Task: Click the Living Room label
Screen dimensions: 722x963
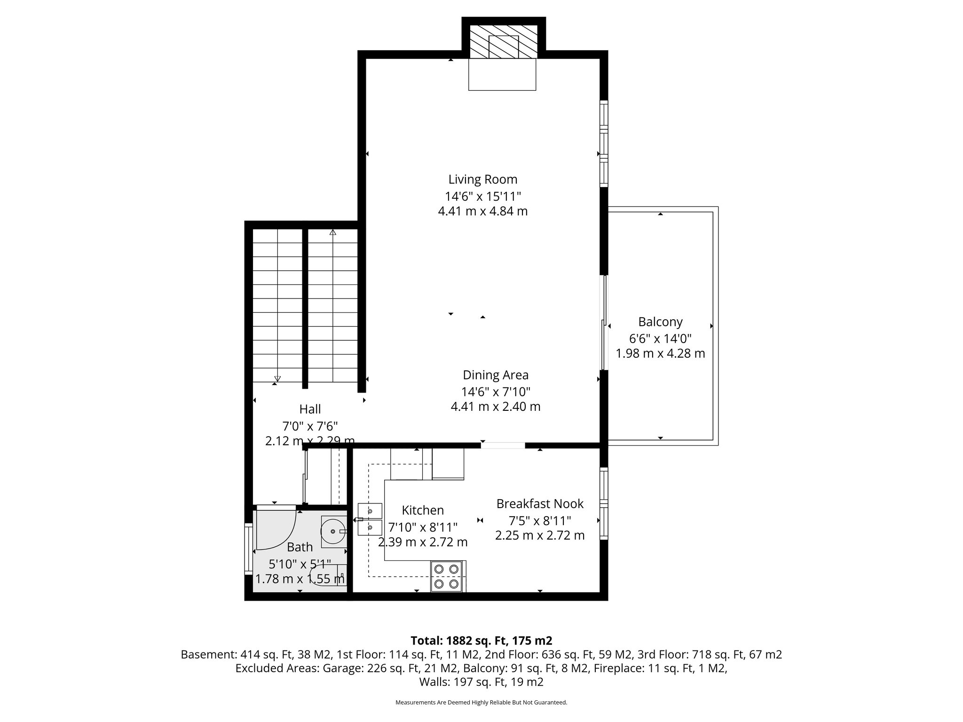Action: pyautogui.click(x=482, y=180)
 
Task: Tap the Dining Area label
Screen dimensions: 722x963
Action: pyautogui.click(x=496, y=375)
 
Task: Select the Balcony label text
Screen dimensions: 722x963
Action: pyautogui.click(x=660, y=322)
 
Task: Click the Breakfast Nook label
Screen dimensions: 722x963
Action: pyautogui.click(x=540, y=504)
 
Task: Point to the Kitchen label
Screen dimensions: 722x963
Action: pyautogui.click(x=423, y=510)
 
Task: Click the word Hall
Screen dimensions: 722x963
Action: pyautogui.click(x=310, y=409)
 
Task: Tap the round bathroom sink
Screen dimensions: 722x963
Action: pyautogui.click(x=333, y=531)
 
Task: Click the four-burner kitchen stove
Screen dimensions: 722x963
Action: pyautogui.click(x=447, y=576)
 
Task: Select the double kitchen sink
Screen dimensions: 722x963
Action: pyautogui.click(x=371, y=519)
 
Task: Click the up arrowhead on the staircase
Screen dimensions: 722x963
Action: pyautogui.click(x=333, y=232)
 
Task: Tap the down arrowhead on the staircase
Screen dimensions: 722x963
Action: pyautogui.click(x=277, y=378)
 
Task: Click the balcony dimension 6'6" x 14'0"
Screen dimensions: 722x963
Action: pyautogui.click(x=660, y=338)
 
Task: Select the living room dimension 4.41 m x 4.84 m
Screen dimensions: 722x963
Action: pyautogui.click(x=482, y=212)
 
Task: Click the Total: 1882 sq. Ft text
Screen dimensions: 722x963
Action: pyautogui.click(x=481, y=641)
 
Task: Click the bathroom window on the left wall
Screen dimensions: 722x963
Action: pyautogui.click(x=248, y=549)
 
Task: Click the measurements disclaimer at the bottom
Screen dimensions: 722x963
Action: pyautogui.click(x=481, y=703)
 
